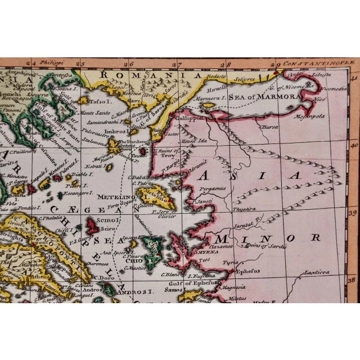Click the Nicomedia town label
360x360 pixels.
(x=335, y=89)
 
